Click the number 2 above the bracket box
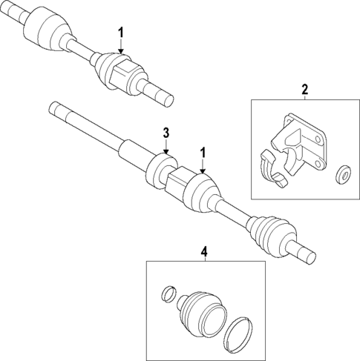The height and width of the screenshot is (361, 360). coord(304,90)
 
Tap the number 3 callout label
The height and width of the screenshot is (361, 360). coord(167,133)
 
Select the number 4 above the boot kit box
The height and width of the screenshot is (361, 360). coord(205,252)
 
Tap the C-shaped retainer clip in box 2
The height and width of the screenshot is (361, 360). coord(272,168)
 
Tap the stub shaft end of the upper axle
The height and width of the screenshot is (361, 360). coord(162,93)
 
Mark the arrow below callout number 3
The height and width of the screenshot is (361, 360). coord(167,148)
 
